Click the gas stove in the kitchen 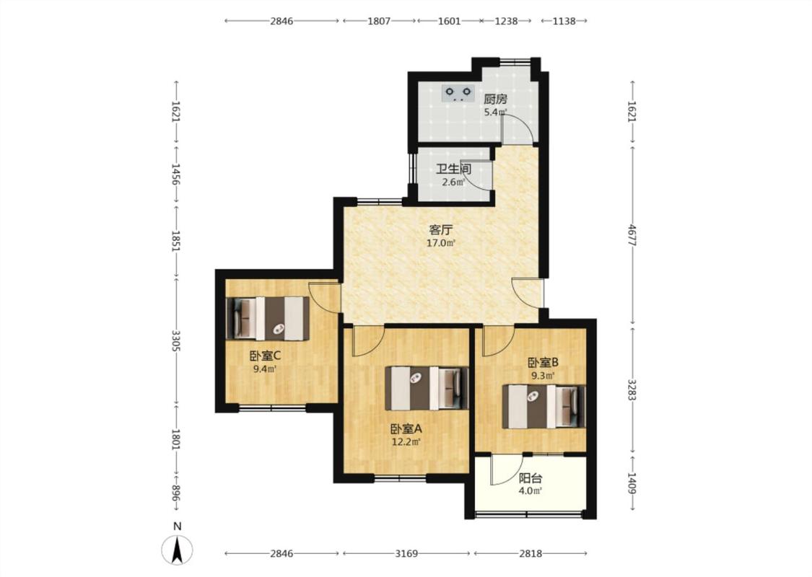458,92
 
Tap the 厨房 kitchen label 496,99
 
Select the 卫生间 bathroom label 453,169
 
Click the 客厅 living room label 441,230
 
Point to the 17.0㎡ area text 441,243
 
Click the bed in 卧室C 269,318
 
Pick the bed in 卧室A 427,388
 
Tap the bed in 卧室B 543,406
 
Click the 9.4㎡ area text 265,369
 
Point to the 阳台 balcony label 531,479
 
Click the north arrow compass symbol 177,550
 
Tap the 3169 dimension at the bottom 406,554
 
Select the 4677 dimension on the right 632,235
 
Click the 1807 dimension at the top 379,21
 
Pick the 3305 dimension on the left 176,341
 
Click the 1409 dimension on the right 632,483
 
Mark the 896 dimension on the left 176,493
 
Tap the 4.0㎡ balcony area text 531,491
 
